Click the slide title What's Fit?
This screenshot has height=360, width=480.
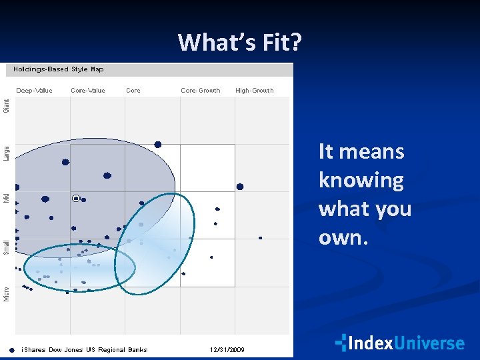pos(240,43)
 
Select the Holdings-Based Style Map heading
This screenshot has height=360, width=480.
pos(59,69)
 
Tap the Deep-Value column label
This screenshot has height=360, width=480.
pos(34,91)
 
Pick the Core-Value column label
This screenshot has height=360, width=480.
pos(88,91)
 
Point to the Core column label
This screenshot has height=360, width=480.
pos(133,91)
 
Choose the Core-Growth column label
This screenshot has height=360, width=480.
pos(201,91)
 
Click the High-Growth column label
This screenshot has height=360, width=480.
pos(255,91)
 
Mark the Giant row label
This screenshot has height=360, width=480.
pos(7,105)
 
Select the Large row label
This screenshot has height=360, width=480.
pos(7,153)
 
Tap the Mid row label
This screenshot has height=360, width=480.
pos(7,198)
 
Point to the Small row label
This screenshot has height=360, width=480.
pos(7,247)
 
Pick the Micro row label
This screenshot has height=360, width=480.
pos(7,293)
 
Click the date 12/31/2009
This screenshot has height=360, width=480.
pos(228,349)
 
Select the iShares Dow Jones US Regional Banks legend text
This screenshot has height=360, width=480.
pos(85,349)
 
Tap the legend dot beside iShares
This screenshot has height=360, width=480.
pos(12,349)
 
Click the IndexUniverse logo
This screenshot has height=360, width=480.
pos(400,343)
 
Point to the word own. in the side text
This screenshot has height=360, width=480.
pos(343,238)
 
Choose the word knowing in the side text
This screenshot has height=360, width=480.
pos(361,180)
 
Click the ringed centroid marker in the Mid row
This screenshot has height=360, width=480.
pos(76,198)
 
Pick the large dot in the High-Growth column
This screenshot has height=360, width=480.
pos(240,187)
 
